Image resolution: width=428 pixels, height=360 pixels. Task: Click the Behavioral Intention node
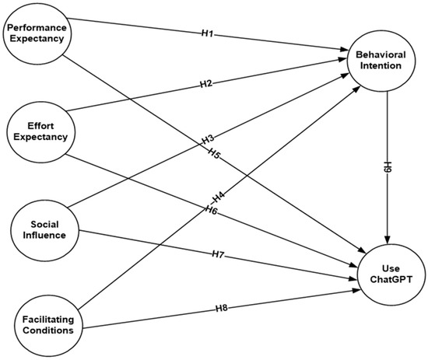coord(378,60)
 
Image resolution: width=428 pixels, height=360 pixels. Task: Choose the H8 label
coord(222,309)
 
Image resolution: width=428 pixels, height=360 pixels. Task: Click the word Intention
coord(378,65)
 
